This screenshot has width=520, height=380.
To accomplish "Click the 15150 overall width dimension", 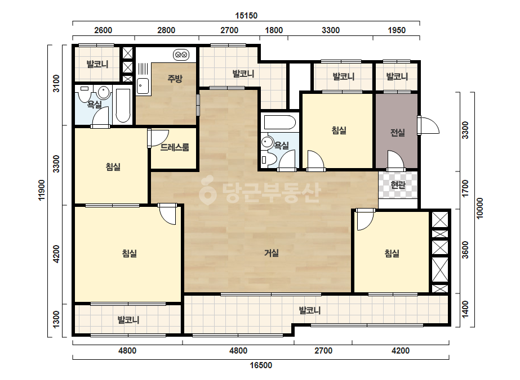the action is pyautogui.click(x=246, y=16).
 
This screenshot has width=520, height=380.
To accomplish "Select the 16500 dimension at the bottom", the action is pyautogui.click(x=261, y=365).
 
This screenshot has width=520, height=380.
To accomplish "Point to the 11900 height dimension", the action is pyautogui.click(x=42, y=190).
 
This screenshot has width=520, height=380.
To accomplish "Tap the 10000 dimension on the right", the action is pyautogui.click(x=479, y=208).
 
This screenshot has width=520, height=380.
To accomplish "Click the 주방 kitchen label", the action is pyautogui.click(x=175, y=79).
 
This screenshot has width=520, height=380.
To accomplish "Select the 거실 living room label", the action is pyautogui.click(x=272, y=253).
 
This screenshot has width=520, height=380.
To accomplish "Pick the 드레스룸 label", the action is pyautogui.click(x=175, y=147).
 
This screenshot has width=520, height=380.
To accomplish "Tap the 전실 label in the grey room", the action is pyautogui.click(x=397, y=133).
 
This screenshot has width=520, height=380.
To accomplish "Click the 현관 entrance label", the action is pyautogui.click(x=398, y=185).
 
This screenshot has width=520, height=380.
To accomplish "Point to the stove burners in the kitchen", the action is pyautogui.click(x=181, y=55).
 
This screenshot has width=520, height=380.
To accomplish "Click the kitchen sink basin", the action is pyautogui.click(x=143, y=87).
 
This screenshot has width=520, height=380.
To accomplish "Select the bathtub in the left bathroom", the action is pyautogui.click(x=123, y=105).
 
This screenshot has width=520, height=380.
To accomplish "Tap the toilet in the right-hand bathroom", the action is pyautogui.click(x=268, y=160).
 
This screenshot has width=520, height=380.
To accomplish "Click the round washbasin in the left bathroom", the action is pyautogui.click(x=104, y=93).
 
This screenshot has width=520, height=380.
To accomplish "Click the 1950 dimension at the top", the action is pyautogui.click(x=397, y=30).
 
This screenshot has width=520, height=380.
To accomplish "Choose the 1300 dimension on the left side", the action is pyautogui.click(x=56, y=319).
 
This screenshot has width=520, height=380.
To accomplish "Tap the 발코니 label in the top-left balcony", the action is pyautogui.click(x=97, y=64).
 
